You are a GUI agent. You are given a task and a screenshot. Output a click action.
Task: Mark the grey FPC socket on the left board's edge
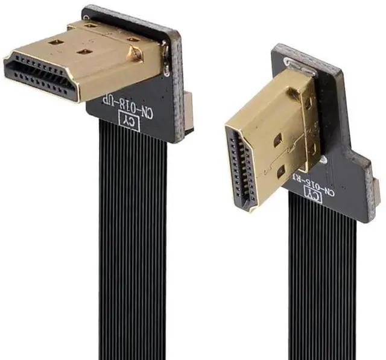189,111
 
